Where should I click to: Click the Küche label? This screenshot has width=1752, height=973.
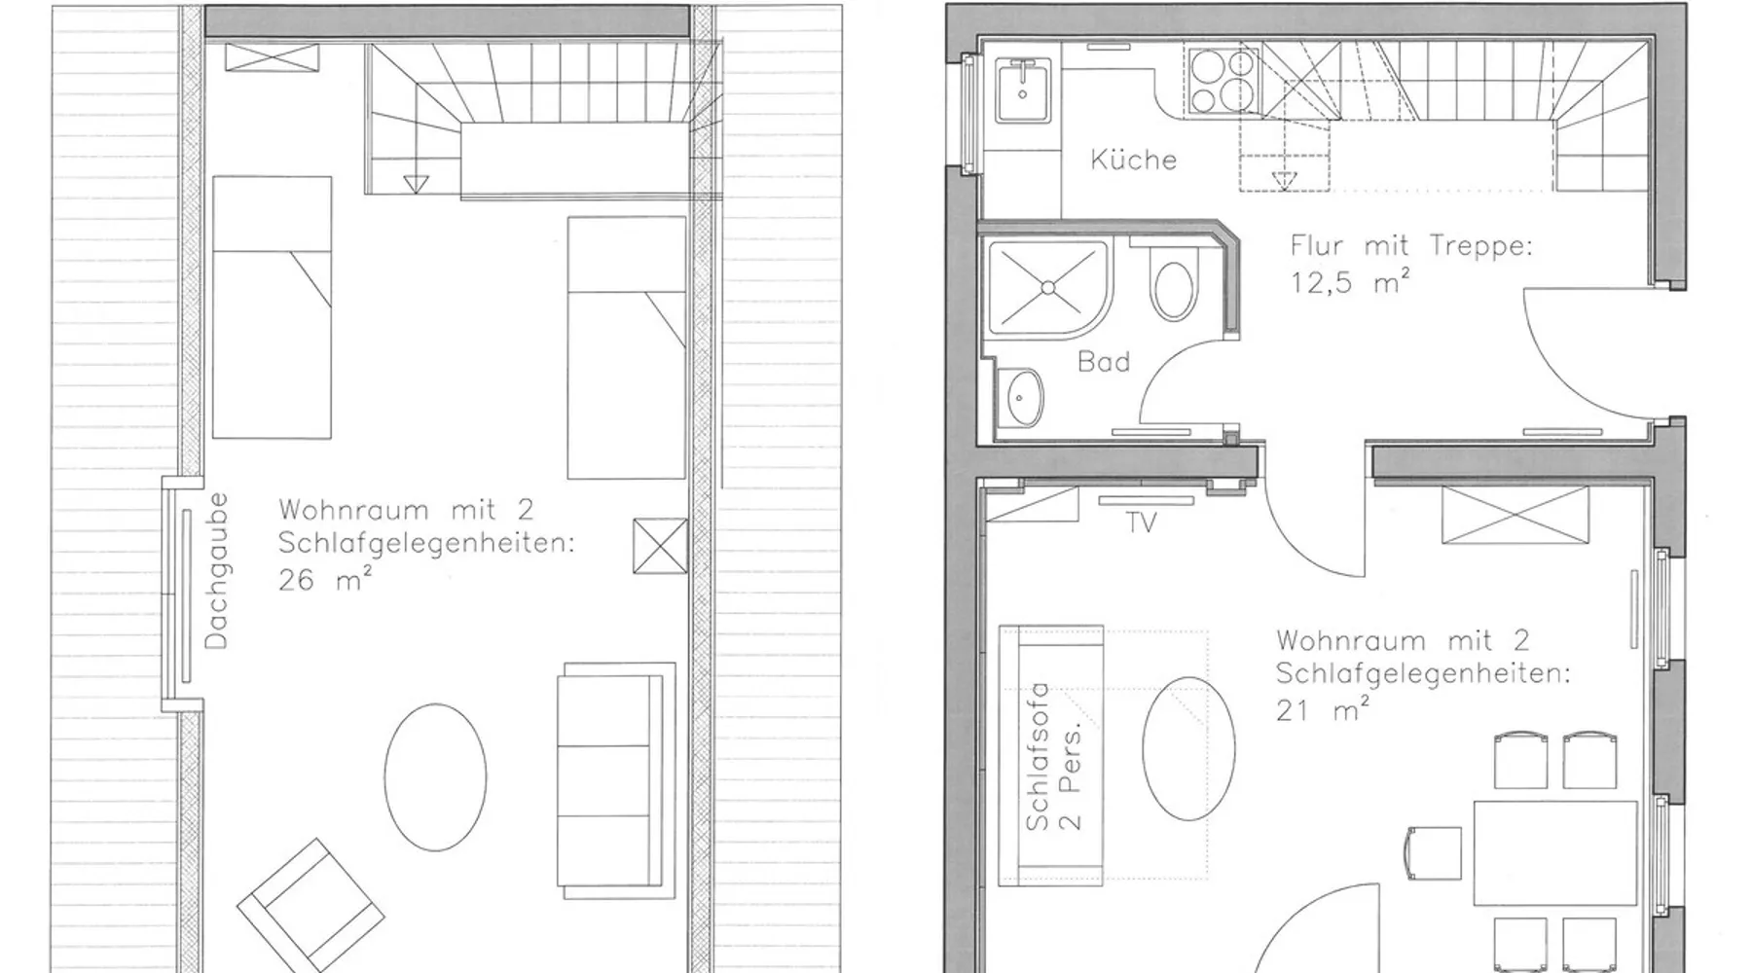[x=1133, y=159]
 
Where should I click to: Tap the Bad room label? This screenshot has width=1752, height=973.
[x=1104, y=362]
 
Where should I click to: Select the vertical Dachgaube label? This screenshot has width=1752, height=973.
[x=216, y=570]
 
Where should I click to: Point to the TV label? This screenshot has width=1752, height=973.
[x=1141, y=523]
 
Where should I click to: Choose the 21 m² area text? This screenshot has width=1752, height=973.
[x=1323, y=710]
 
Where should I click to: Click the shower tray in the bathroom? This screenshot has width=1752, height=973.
[x=1048, y=288]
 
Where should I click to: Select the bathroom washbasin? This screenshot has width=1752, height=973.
[x=1022, y=398]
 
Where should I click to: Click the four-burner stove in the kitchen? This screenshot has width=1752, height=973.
[x=1223, y=80]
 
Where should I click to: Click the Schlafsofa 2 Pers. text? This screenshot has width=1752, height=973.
[x=1053, y=756]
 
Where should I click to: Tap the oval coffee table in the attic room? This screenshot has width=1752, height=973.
[x=435, y=777]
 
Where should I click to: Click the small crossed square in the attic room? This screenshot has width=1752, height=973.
[x=659, y=546]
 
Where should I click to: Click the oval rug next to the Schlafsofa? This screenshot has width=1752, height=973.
[x=1188, y=748]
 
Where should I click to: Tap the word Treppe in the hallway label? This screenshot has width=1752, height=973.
[x=1480, y=246]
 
